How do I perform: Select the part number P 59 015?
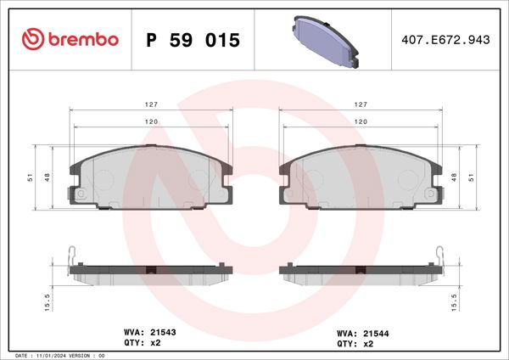click(193, 41)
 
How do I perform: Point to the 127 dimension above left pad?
click(149, 104)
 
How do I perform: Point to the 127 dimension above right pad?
click(360, 104)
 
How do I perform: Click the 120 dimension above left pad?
click(149, 122)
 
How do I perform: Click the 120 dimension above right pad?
click(360, 122)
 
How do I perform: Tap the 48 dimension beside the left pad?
click(49, 177)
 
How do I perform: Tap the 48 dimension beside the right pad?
click(460, 177)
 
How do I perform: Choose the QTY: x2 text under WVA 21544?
click(357, 345)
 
